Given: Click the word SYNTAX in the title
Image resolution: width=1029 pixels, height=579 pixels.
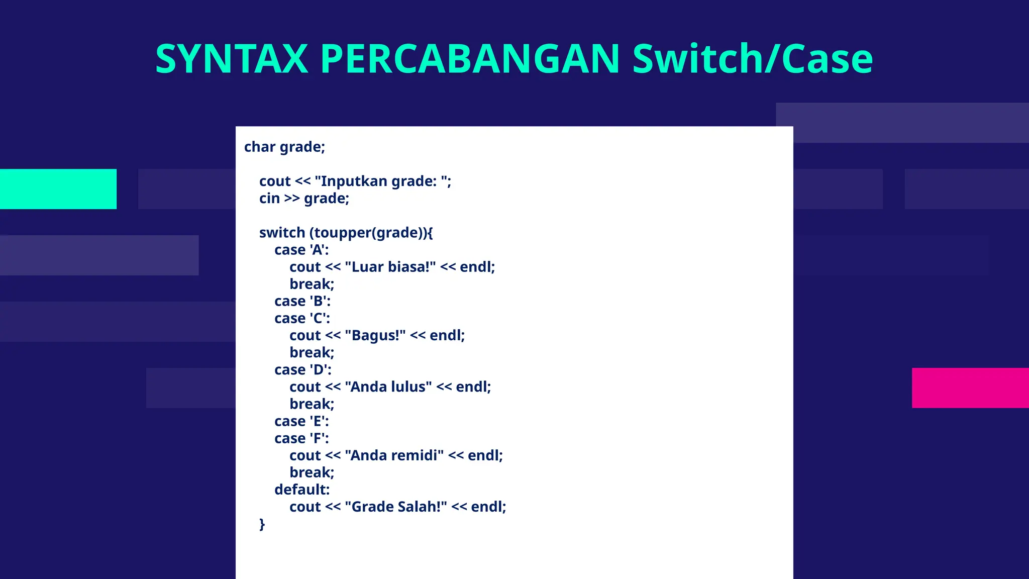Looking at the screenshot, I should tap(232, 59).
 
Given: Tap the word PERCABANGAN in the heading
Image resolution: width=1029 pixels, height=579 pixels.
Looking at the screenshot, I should tap(470, 59).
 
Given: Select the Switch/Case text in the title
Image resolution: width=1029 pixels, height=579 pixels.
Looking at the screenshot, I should tap(752, 59).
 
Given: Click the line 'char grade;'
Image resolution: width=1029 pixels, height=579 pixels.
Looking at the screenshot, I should tap(284, 147).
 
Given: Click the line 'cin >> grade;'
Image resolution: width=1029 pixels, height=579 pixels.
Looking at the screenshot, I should tap(304, 198).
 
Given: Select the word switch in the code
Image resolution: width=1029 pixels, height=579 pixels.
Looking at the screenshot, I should tap(282, 233).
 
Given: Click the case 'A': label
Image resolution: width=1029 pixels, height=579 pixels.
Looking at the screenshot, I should tap(301, 250).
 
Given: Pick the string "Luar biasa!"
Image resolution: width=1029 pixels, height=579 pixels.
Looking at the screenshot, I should tap(390, 267).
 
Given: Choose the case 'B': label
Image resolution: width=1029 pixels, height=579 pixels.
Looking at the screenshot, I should tap(302, 301).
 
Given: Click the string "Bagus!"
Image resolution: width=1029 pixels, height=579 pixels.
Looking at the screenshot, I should tap(375, 335).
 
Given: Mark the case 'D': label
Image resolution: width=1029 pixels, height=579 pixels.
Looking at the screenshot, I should tap(303, 370).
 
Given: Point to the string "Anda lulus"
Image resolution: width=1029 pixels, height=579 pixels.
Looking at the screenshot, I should tap(388, 387).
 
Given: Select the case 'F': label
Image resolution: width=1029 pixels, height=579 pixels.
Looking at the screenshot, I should tap(301, 438).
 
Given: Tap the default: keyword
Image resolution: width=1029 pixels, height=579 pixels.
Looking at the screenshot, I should tap(302, 490).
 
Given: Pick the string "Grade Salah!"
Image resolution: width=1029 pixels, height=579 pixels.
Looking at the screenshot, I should tap(396, 507).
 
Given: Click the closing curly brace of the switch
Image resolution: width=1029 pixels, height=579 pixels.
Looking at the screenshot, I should tap(262, 524).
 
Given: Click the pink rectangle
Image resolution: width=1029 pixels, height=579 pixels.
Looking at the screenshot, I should tap(970, 388).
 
